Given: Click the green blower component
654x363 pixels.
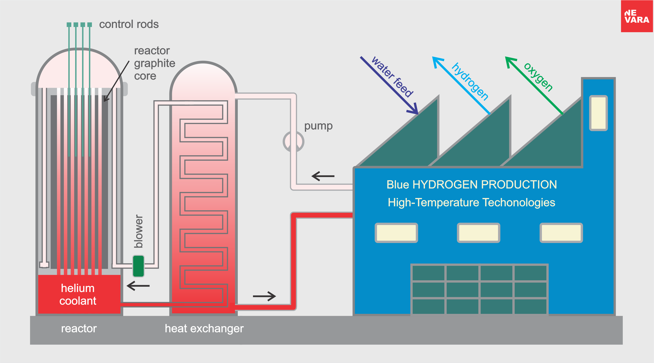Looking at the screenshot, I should [138, 266].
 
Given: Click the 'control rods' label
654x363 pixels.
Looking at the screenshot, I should [129, 24].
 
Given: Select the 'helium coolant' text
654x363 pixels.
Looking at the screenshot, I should [78, 294].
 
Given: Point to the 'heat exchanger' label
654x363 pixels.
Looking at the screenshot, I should [204, 328].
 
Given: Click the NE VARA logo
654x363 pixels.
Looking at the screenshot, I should [637, 16].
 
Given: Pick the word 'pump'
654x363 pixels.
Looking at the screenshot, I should [318, 126].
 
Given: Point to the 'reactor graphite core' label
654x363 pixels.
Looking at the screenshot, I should [154, 63].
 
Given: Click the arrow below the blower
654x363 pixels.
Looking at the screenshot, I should [138, 286].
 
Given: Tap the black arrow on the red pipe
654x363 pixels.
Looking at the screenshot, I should [264, 296].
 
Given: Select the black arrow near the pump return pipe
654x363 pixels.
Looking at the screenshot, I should [323, 176].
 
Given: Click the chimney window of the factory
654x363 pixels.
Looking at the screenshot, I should [598, 113].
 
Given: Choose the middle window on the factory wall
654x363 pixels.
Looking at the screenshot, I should [479, 233].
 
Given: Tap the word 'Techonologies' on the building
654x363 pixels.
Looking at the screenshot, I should [519, 202].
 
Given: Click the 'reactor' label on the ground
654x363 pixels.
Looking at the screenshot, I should [79, 328].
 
